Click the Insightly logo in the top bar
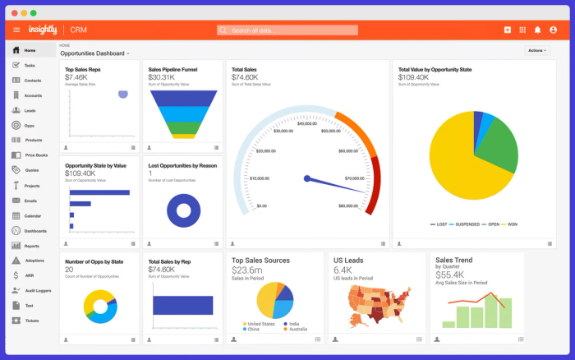tap(44, 30)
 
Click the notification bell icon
tap(537, 30)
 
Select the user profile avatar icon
tap(553, 30)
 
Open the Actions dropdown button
tap(537, 50)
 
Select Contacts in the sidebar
tap(32, 81)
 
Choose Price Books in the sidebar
tap(35, 155)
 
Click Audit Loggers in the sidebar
tap(38, 290)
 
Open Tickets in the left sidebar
tap(31, 321)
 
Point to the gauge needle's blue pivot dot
tap(306, 178)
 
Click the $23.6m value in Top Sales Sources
tap(247, 270)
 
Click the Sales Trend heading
tap(453, 260)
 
